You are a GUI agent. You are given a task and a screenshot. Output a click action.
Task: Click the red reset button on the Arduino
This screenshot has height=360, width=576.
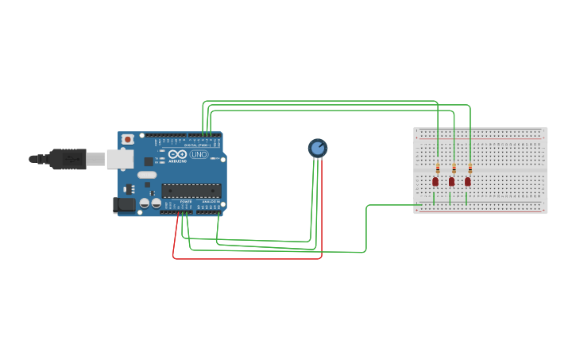[x=127, y=139]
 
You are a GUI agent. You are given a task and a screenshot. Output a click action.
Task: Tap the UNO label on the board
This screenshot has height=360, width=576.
[x=199, y=154]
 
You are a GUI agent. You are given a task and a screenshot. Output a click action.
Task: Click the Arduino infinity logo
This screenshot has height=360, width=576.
[x=177, y=154]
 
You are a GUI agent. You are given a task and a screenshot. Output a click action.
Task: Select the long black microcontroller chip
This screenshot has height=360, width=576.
[x=191, y=190]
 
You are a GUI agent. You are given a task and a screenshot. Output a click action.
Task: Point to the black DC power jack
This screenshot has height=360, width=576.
[x=124, y=204]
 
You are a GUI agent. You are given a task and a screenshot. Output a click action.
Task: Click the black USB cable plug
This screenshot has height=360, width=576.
[x=67, y=159]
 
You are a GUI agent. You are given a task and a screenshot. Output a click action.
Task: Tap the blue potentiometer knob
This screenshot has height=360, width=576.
[x=317, y=148]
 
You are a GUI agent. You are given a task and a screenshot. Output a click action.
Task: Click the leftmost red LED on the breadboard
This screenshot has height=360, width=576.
[x=435, y=182]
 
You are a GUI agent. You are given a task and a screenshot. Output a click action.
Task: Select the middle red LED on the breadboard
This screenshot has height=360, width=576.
[x=451, y=182]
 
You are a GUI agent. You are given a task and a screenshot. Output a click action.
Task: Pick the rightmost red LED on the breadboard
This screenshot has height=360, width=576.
[x=467, y=182]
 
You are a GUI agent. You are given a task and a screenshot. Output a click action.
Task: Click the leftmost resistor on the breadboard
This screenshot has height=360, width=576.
[x=438, y=168]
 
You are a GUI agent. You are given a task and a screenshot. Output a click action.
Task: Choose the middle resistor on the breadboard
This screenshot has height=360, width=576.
[x=454, y=168]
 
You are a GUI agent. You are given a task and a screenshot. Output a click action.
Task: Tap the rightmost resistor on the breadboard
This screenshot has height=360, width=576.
[x=470, y=168]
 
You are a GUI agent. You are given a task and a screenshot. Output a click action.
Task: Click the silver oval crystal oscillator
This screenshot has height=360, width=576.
[x=147, y=175]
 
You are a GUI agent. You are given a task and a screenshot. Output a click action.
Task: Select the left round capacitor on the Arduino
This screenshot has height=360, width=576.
[x=133, y=203]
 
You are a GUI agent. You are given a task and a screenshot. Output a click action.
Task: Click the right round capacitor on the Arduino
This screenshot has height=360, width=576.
[x=145, y=203]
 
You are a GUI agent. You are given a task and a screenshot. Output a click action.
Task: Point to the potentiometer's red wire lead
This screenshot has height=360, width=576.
[x=322, y=207]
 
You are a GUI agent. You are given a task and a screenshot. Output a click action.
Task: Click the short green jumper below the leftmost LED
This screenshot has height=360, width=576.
[x=434, y=197]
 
